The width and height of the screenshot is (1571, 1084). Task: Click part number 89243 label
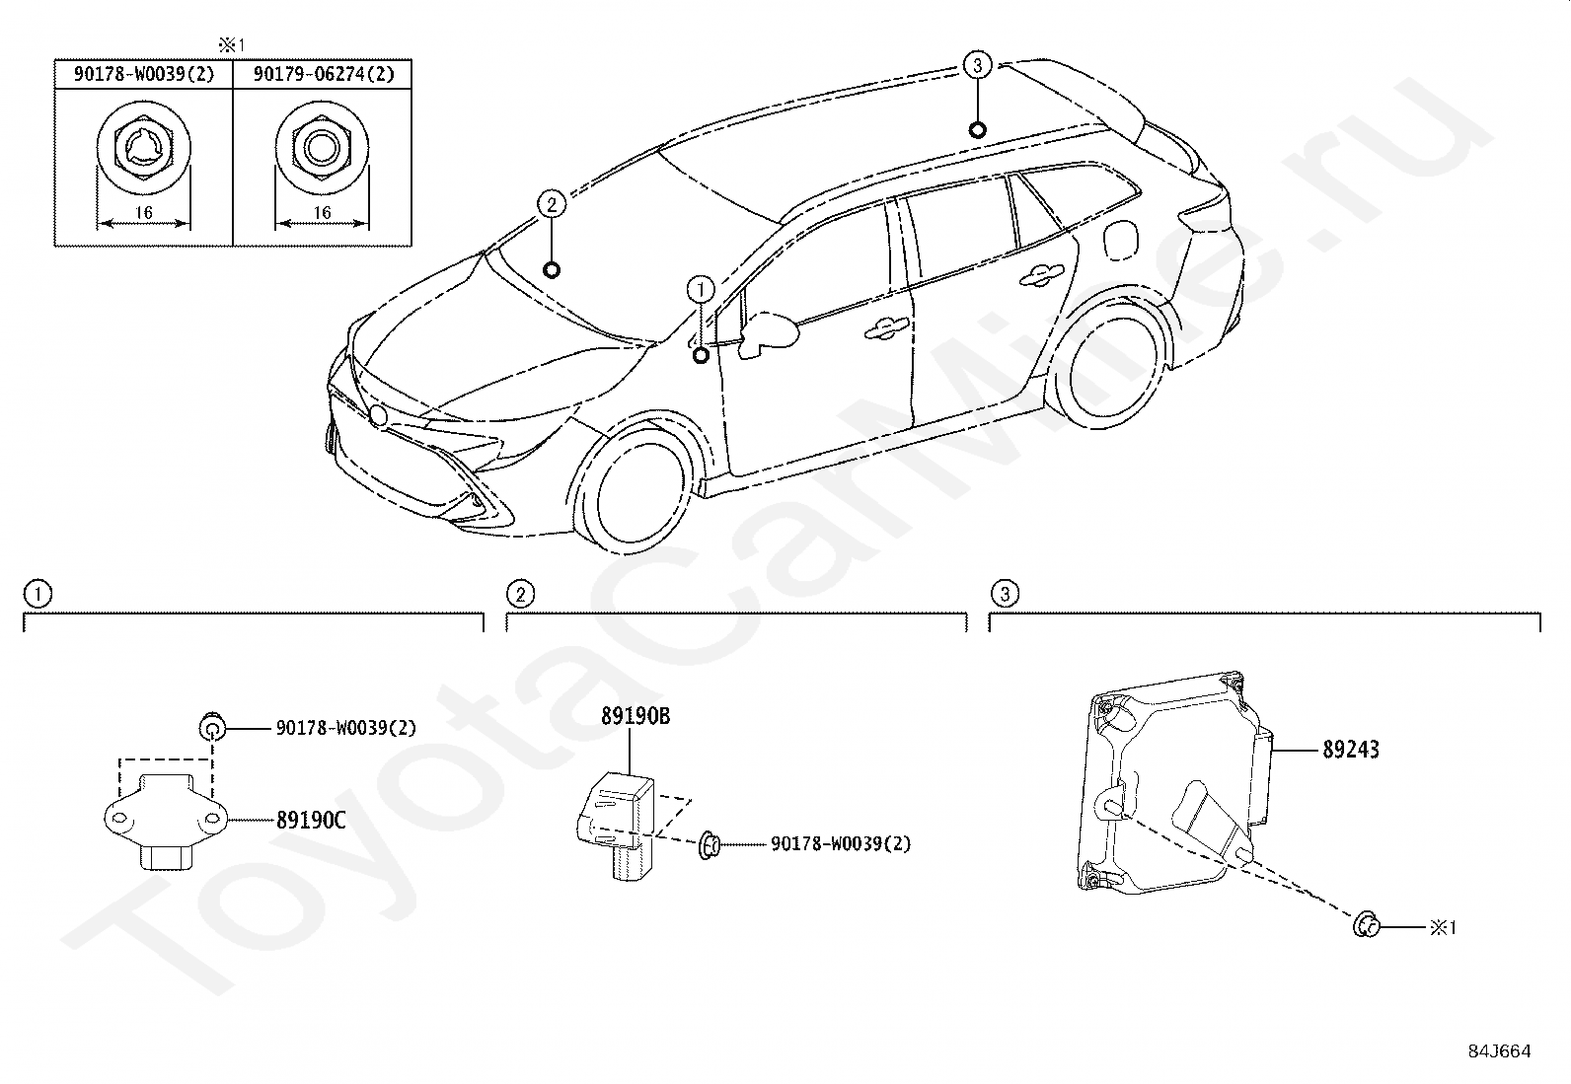[x=1351, y=750]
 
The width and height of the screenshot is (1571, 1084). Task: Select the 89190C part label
[x=311, y=820]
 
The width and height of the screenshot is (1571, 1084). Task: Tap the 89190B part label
[x=636, y=717]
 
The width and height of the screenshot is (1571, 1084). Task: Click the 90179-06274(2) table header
[x=323, y=74]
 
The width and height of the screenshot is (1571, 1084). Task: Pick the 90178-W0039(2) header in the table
[x=143, y=74]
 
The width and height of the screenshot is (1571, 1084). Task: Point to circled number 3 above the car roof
[x=977, y=66]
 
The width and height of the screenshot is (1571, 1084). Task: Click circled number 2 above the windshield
[x=552, y=205]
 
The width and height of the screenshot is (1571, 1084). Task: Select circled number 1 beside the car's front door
[x=700, y=289]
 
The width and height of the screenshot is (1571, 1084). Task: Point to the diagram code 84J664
[x=1499, y=1051]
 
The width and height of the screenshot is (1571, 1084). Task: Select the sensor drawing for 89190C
[x=167, y=819]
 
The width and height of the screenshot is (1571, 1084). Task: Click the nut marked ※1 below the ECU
[x=1366, y=925]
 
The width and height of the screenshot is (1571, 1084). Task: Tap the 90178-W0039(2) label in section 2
[x=841, y=844]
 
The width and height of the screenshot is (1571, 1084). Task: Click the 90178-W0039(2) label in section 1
[x=345, y=729]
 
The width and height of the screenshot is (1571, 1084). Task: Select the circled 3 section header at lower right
[x=1005, y=594]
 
